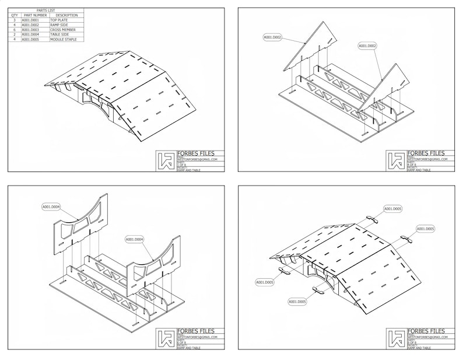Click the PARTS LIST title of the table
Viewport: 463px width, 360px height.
coord(47,11)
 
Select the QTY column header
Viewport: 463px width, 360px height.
coord(14,15)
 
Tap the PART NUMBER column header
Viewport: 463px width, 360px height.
coord(35,15)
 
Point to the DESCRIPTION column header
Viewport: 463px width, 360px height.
coord(66,15)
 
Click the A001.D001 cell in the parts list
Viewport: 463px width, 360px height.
coord(30,20)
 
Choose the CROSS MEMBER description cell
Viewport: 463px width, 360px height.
coord(63,29)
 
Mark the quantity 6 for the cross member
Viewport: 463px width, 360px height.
coord(14,29)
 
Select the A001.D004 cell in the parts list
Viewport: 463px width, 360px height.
coord(30,34)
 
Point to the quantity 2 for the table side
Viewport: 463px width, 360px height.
coord(14,34)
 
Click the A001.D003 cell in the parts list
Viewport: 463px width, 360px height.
coord(30,29)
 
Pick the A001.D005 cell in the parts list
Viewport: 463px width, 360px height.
coord(30,39)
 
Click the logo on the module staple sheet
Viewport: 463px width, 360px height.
coord(396,339)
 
